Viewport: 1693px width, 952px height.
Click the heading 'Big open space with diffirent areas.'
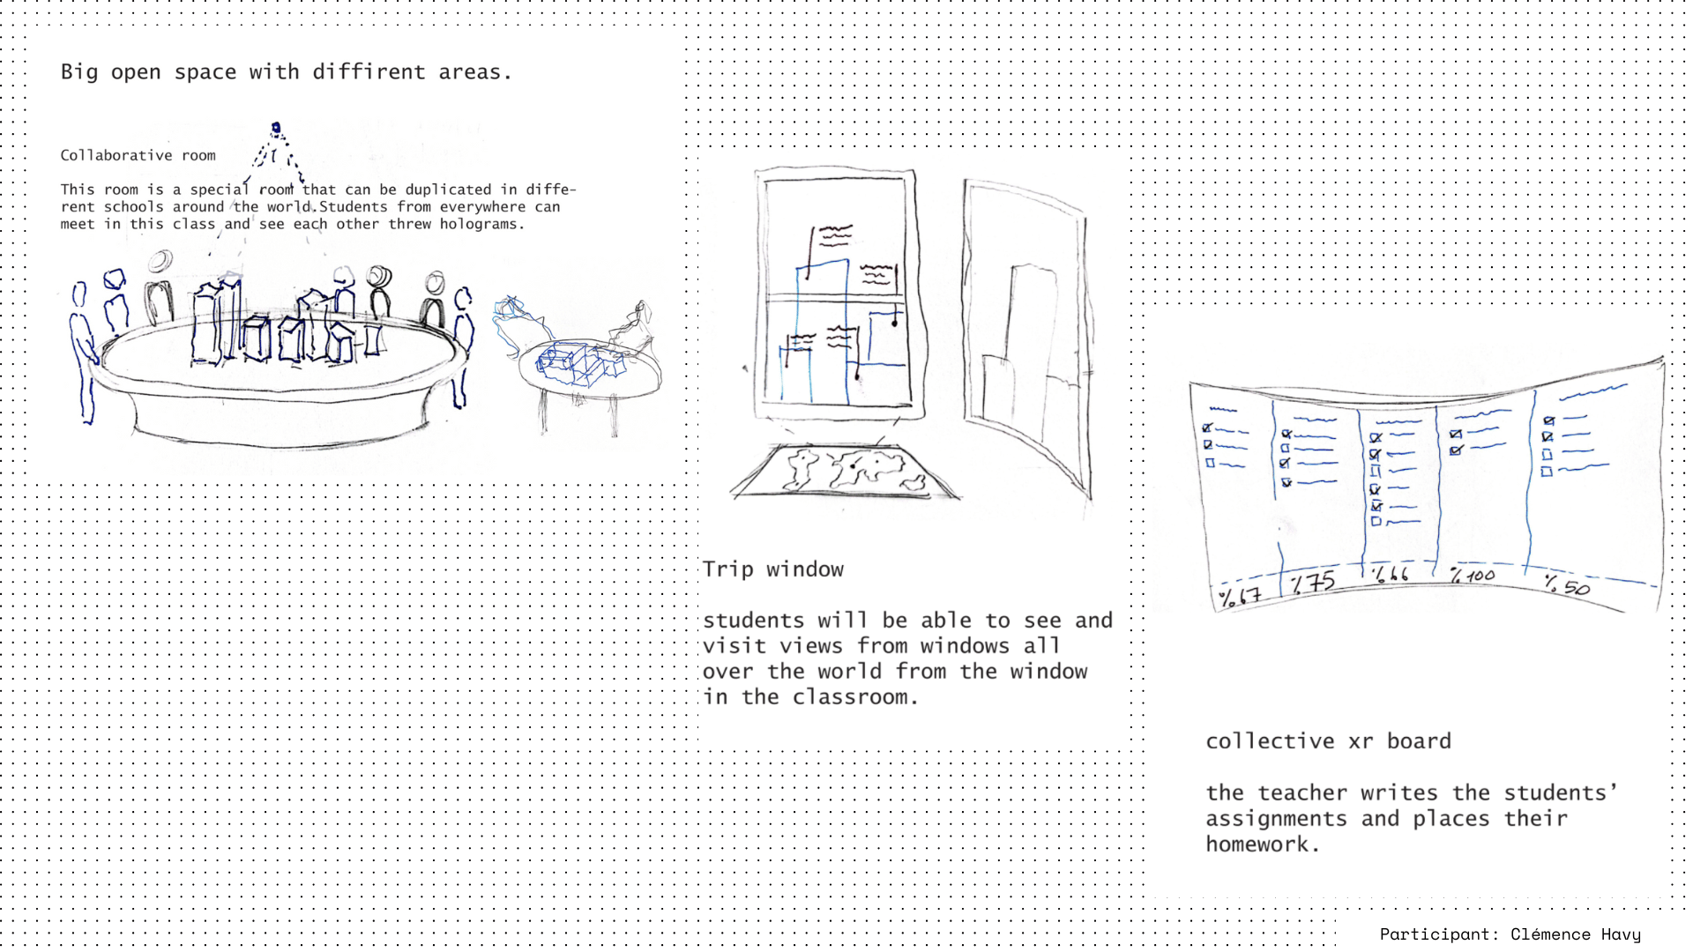coord(286,72)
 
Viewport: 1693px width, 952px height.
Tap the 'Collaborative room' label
coord(138,155)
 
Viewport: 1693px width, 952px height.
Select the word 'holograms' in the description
coord(479,224)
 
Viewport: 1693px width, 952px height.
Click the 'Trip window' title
coord(772,569)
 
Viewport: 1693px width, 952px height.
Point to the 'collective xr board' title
coord(1328,741)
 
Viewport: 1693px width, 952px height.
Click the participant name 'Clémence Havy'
coord(1575,934)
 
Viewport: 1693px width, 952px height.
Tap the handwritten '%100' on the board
coord(1473,576)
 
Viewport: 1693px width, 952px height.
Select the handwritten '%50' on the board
coord(1567,584)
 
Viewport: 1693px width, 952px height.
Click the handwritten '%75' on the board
coord(1312,583)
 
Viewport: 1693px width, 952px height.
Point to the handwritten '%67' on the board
coord(1240,597)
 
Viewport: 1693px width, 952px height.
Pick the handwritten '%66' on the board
coord(1391,574)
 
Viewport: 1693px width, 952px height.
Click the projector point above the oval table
coord(276,129)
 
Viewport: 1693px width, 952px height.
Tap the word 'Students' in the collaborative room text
coord(354,207)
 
